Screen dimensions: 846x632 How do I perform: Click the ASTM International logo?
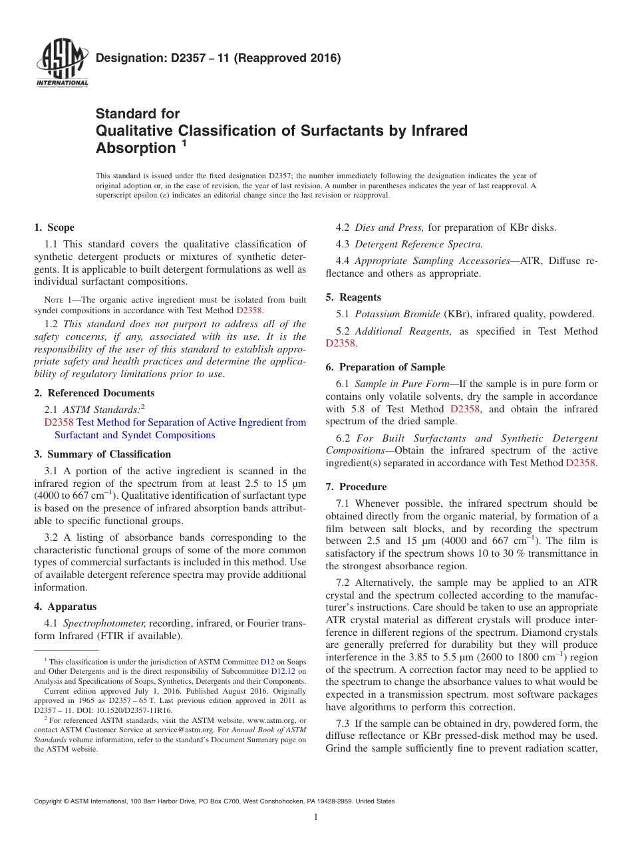point(61,64)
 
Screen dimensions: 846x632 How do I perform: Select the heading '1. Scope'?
point(55,227)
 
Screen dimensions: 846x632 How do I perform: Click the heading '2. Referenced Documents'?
point(94,393)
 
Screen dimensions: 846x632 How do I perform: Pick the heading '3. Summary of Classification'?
point(102,454)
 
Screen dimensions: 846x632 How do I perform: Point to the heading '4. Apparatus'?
point(65,607)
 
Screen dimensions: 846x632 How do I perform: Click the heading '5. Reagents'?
point(353,297)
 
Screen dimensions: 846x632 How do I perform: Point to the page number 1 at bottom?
point(315,817)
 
